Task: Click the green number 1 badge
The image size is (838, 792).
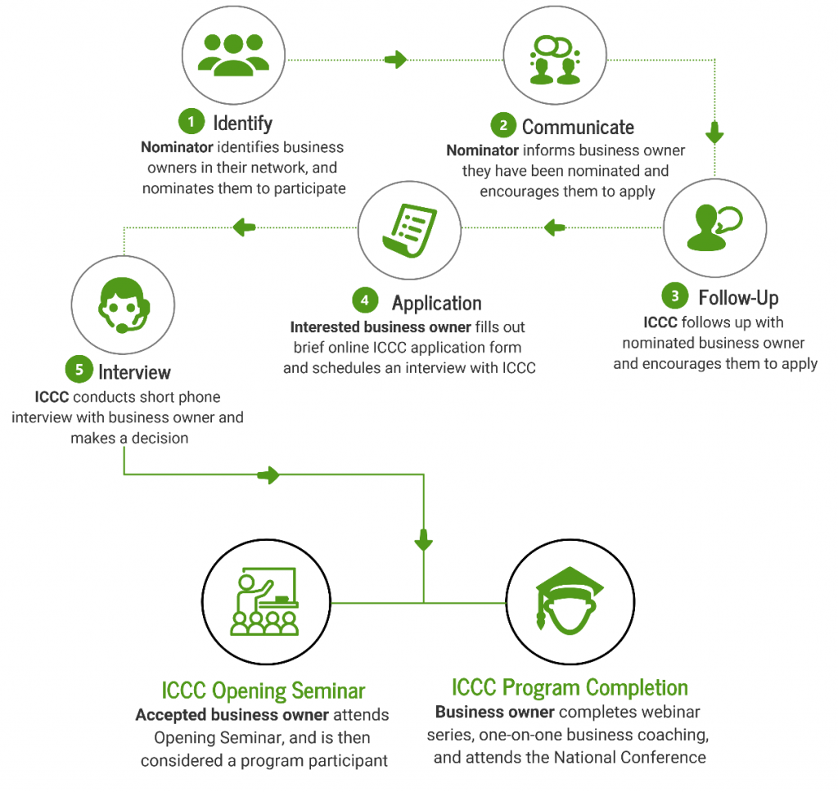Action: (191, 121)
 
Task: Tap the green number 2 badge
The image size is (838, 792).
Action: (503, 125)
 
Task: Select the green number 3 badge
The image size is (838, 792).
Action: (675, 295)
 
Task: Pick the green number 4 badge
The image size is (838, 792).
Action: (365, 300)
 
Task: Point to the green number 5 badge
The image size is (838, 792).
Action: (79, 370)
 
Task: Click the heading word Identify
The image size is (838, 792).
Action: (242, 124)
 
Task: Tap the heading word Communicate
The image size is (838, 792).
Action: (578, 127)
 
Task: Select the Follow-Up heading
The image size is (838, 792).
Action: (738, 298)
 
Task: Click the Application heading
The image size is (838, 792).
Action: (437, 304)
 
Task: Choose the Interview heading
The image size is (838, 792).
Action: (135, 372)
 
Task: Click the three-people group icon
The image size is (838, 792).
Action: (233, 55)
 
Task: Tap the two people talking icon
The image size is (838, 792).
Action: (556, 60)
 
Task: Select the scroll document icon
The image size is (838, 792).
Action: (410, 231)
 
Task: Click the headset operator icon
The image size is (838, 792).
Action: (124, 305)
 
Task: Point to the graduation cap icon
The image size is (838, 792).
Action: (570, 601)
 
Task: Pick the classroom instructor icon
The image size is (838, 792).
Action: (264, 601)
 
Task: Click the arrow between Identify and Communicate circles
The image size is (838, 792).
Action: (396, 60)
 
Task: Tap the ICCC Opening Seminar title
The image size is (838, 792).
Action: (264, 691)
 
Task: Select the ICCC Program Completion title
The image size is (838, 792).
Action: (570, 687)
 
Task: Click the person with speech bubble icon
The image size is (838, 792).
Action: (714, 227)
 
